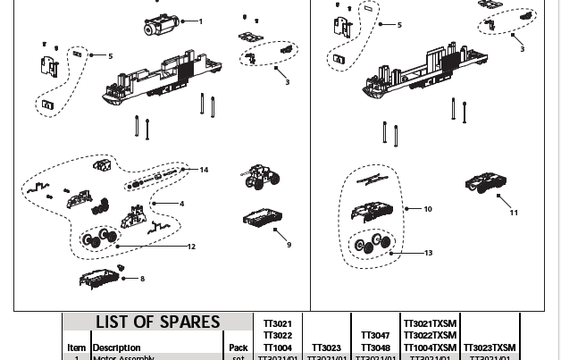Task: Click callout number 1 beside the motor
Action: (x=200, y=21)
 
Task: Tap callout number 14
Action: (x=204, y=170)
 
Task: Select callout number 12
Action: (x=191, y=247)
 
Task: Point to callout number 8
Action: (x=142, y=279)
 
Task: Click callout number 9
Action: (x=289, y=245)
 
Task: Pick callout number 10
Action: (x=428, y=209)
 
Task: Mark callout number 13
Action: (x=428, y=253)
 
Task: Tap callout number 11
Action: (x=514, y=213)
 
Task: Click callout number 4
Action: (x=181, y=204)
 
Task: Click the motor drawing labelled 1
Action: (x=160, y=24)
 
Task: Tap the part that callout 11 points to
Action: (x=486, y=184)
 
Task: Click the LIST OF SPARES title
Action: (x=157, y=322)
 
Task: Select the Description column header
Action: (x=116, y=347)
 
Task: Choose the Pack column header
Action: (x=238, y=347)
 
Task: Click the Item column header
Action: (x=77, y=347)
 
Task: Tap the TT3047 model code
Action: (x=375, y=336)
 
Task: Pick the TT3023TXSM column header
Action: (x=489, y=347)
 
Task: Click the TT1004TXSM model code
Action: (x=430, y=347)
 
